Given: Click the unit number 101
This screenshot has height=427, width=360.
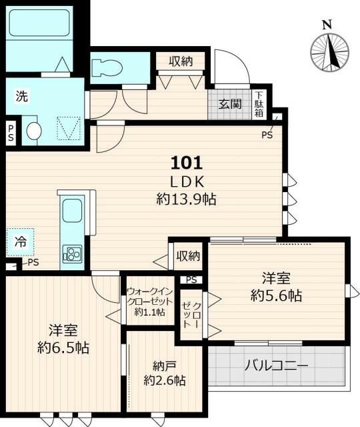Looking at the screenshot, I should [x=186, y=162].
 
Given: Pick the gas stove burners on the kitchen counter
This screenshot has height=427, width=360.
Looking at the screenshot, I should [x=71, y=254].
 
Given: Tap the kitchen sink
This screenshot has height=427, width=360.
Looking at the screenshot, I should [x=71, y=213].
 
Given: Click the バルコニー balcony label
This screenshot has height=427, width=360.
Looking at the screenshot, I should [x=277, y=366].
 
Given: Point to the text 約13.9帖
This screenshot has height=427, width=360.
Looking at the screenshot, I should [x=186, y=198].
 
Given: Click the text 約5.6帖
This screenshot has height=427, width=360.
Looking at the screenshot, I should [x=276, y=295].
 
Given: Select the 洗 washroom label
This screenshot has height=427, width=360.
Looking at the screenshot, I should [x=22, y=96].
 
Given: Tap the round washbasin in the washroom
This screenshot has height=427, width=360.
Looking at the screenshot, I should [x=34, y=130].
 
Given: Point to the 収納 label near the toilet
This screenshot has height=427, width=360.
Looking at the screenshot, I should [x=180, y=61].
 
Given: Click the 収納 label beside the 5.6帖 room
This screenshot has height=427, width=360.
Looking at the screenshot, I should [x=187, y=255].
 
